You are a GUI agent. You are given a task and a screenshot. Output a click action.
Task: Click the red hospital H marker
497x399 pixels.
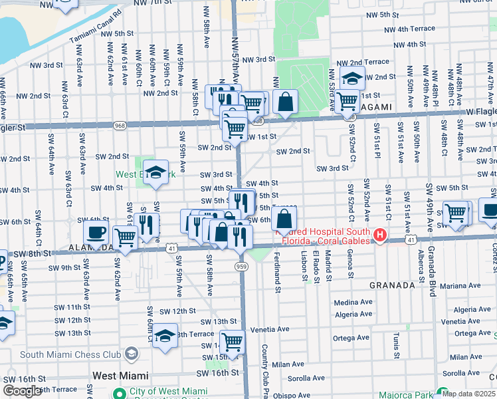tap(379, 235)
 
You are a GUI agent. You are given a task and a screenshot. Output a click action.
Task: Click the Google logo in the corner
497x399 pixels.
tap(22, 390)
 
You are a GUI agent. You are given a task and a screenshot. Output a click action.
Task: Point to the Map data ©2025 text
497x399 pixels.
tap(469, 394)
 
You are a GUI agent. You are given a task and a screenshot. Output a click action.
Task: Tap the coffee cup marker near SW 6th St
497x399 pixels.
tap(96, 233)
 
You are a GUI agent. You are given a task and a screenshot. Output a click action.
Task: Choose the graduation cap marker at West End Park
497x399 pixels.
tap(155, 172)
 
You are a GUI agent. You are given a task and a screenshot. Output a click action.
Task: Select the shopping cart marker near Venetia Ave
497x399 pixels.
tap(233, 342)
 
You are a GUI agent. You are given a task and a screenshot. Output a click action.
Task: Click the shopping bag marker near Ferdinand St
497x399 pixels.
tap(284, 218)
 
